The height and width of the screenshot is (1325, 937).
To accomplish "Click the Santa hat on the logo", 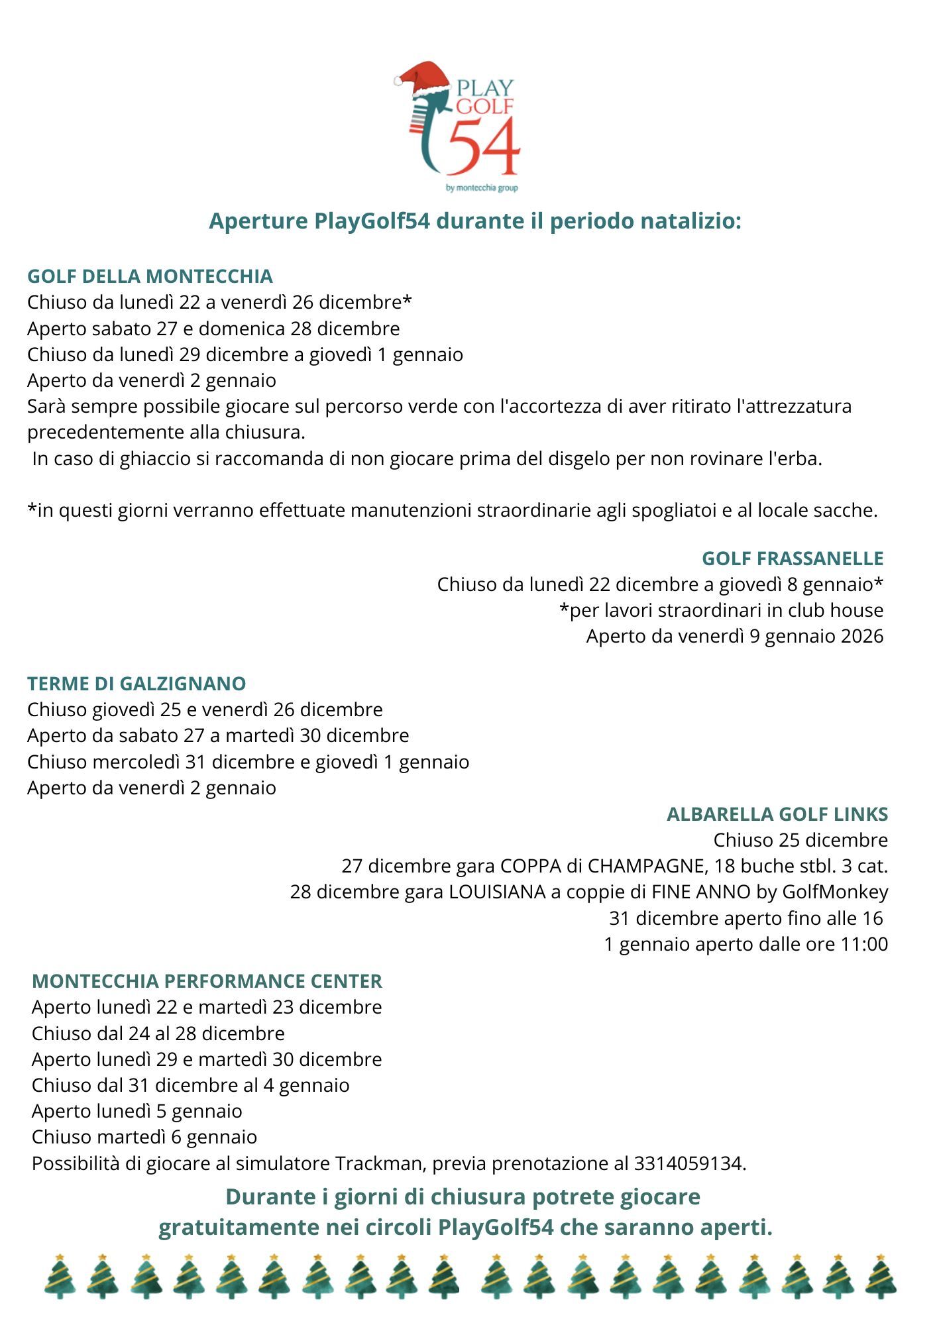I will click(x=424, y=77).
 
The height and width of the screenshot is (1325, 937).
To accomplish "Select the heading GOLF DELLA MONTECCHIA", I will click(x=150, y=276).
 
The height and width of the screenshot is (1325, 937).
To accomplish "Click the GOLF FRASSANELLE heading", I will click(x=793, y=558).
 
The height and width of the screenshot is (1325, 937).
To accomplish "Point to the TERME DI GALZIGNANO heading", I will click(x=137, y=684).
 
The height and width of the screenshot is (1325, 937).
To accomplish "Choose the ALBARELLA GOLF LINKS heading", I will click(x=777, y=814).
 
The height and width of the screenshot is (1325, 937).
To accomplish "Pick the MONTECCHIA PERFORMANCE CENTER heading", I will click(x=207, y=981).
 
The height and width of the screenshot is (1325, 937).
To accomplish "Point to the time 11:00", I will click(x=864, y=944).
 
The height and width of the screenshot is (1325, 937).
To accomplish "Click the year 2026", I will click(x=862, y=636).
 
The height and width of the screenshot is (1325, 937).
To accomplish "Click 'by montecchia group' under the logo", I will click(x=482, y=188).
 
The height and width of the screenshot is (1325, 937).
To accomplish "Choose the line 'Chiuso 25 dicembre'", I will click(x=800, y=840).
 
